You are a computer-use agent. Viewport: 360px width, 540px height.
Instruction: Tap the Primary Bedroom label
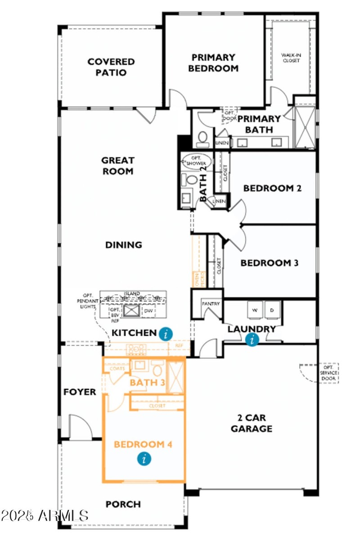[213, 63]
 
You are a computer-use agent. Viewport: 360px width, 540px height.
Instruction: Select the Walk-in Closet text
[291, 58]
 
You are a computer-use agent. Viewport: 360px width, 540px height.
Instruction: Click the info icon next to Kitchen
[166, 333]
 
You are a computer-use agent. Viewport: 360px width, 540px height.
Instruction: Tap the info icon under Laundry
[252, 340]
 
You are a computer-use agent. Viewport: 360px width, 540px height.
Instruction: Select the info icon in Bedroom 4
[144, 459]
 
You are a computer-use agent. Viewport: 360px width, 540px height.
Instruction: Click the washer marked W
[254, 310]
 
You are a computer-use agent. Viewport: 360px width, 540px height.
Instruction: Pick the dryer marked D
[271, 310]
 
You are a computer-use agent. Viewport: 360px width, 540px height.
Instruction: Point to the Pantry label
[210, 304]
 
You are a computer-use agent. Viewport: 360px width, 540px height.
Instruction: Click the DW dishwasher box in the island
[148, 310]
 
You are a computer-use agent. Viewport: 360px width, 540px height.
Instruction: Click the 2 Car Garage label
[251, 422]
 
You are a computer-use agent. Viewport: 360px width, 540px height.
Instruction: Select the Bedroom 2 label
[272, 188]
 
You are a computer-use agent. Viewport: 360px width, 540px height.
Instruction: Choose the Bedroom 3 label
[269, 263]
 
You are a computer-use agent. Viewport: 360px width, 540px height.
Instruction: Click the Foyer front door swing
[80, 427]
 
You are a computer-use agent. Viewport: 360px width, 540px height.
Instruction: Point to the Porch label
[123, 504]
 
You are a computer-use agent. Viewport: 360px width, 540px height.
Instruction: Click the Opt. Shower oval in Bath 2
[196, 161]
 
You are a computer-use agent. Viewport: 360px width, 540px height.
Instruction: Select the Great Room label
[117, 166]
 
